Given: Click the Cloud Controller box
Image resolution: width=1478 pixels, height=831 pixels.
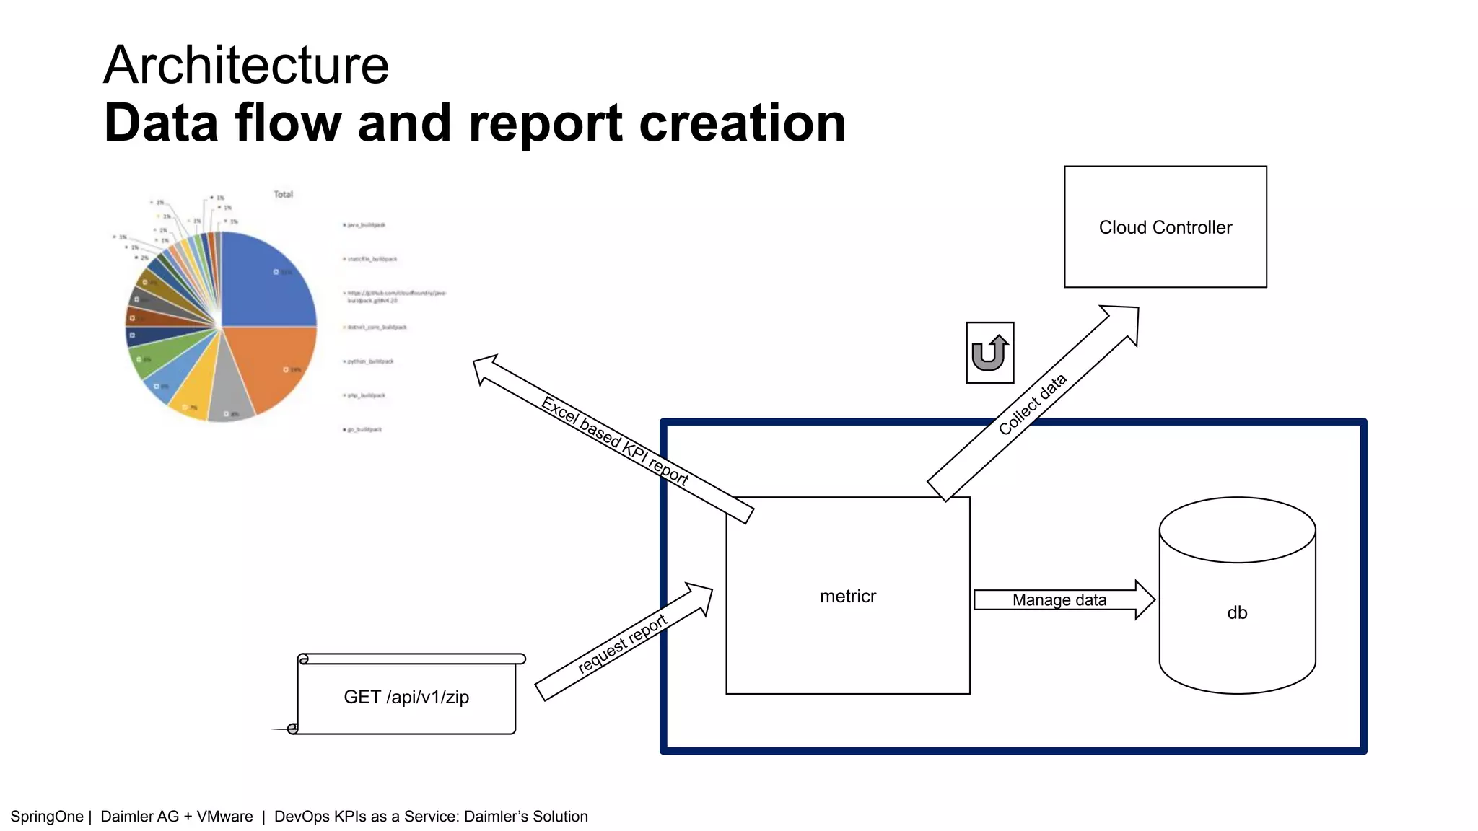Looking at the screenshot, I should [x=1165, y=227].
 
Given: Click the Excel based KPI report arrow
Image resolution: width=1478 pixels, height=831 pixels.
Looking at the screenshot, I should [x=613, y=439].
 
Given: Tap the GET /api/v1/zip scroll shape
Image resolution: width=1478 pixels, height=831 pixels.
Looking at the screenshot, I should [x=406, y=697].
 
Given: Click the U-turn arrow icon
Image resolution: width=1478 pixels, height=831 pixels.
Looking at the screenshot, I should [x=989, y=353].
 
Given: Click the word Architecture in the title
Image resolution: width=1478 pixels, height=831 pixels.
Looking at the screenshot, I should [x=246, y=65].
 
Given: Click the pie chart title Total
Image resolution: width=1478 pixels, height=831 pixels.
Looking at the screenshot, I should [x=283, y=194].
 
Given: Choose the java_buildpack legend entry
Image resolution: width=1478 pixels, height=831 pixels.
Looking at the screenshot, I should [x=366, y=225].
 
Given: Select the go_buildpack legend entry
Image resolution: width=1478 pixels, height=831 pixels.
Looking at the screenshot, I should [x=364, y=429].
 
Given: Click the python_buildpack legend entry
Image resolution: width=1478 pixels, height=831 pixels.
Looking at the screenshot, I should [x=370, y=361].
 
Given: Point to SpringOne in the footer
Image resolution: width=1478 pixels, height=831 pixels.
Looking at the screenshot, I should [x=47, y=817].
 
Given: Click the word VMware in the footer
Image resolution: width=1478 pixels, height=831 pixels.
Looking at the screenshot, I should [x=224, y=817].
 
